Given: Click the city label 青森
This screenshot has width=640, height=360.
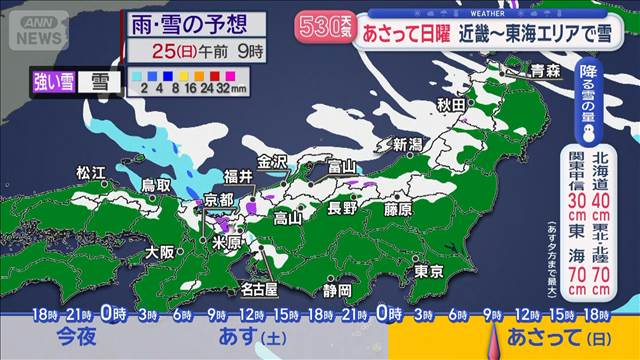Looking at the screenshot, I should click(544, 71).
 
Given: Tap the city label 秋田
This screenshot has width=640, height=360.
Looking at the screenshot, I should click(452, 105).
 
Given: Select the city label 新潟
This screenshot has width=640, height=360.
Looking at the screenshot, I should click(407, 145).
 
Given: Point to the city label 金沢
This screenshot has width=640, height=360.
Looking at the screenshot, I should click(273, 162).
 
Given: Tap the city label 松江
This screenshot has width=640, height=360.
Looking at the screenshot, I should click(91, 173).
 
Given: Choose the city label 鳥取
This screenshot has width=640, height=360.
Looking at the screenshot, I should click(154, 186).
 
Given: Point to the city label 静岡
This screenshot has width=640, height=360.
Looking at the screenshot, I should click(337, 290).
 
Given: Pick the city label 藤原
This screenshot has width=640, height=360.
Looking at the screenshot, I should click(397, 210).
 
